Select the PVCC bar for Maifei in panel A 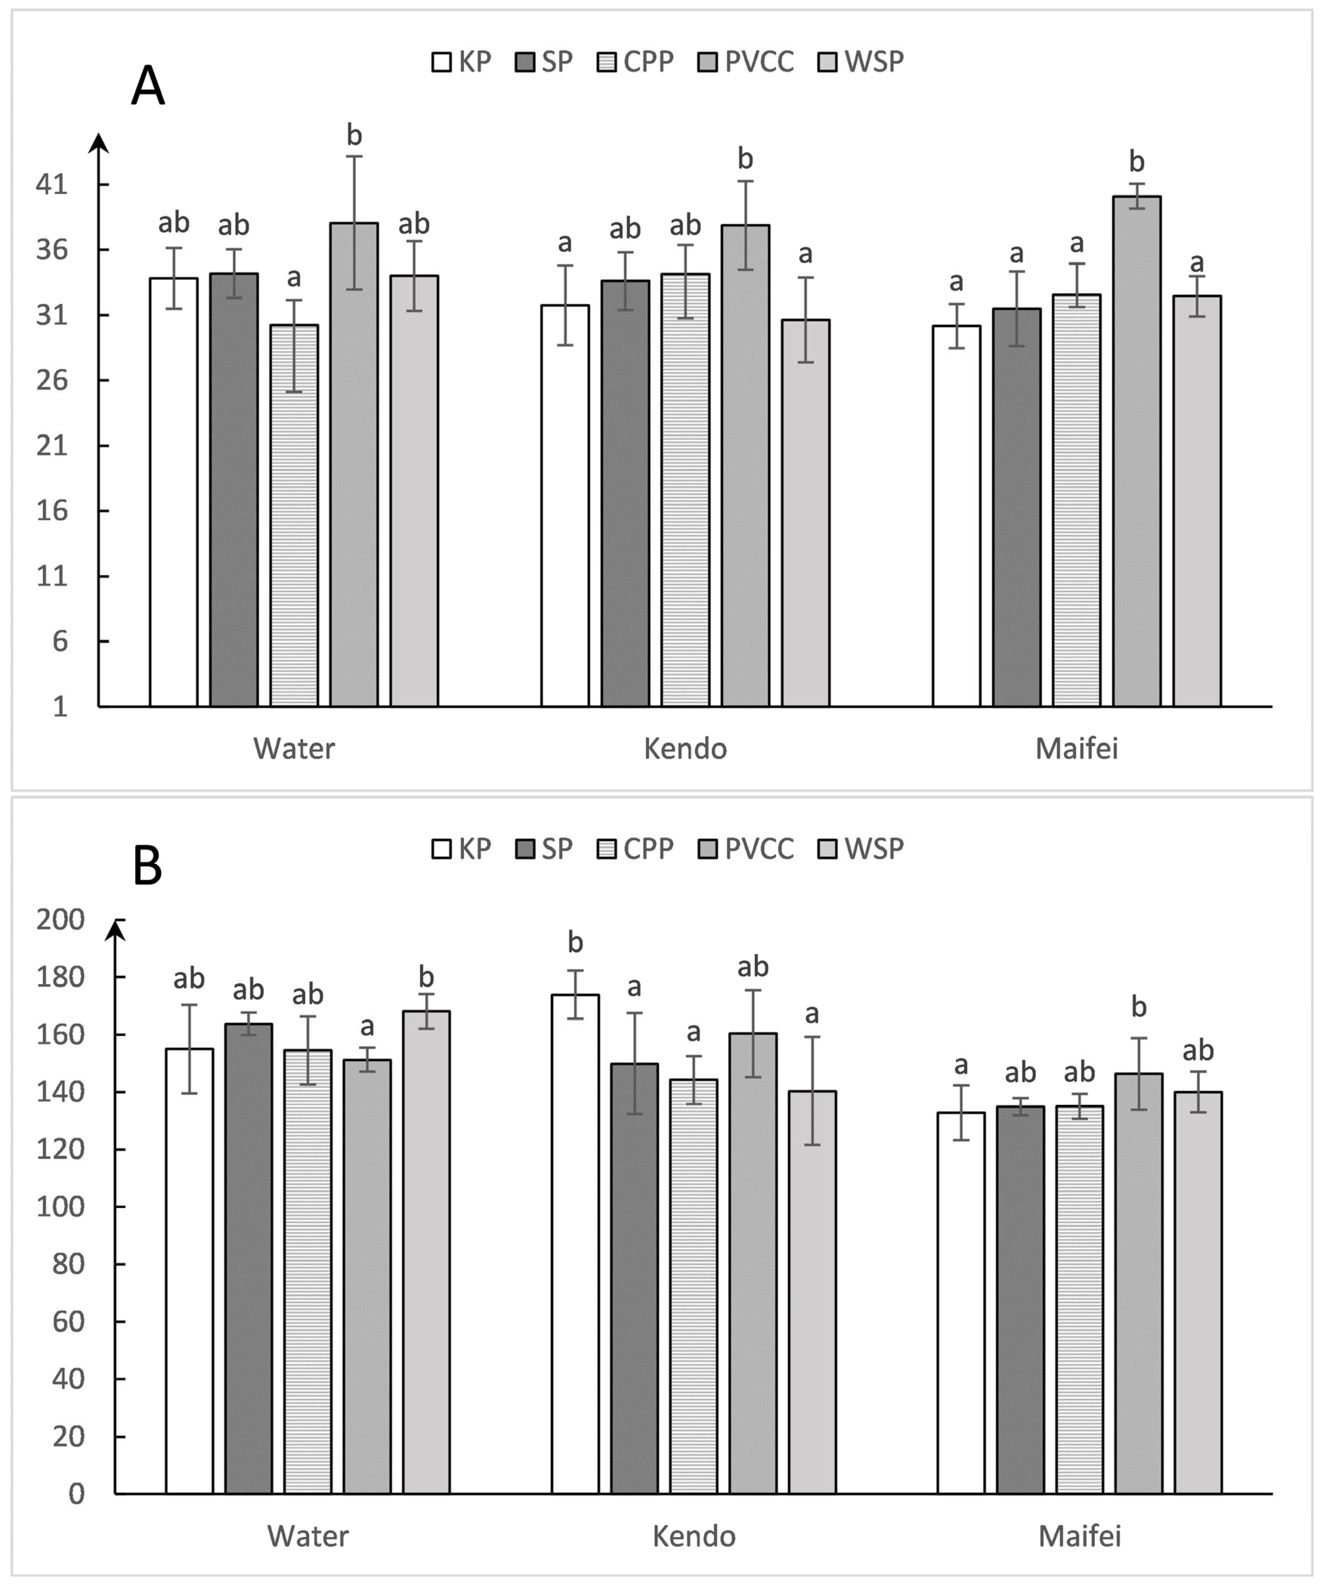click(1136, 453)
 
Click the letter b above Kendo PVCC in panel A click(745, 159)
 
